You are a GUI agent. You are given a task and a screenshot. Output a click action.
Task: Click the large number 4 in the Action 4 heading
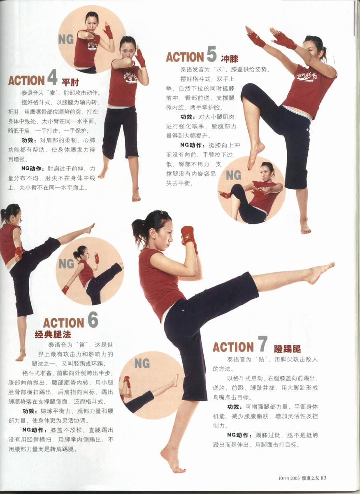point(53,78)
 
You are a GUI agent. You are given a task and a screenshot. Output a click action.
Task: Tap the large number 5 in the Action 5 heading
point(211,54)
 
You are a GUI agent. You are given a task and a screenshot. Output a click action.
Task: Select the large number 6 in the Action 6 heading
point(93,319)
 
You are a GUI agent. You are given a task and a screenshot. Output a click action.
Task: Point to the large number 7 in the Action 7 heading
point(262,344)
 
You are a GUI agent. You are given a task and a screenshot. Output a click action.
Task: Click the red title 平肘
point(70,82)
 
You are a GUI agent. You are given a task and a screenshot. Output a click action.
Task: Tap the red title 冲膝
point(230,58)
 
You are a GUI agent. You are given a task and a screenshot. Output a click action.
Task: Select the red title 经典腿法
point(53,335)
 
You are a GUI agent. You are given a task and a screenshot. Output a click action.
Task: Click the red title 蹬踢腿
point(288,349)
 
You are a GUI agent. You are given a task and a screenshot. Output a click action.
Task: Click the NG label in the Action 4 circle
point(66,39)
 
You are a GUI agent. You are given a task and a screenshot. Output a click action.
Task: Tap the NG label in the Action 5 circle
point(234,175)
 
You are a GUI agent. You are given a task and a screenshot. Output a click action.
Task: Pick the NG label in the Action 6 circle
point(66,264)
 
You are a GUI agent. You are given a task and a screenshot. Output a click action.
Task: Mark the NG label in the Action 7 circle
point(142,363)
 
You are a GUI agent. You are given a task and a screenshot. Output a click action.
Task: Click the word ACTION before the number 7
point(233,347)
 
